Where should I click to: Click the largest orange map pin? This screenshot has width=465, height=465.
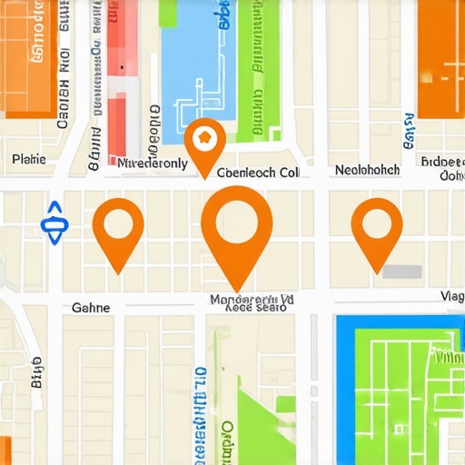pos(236,223)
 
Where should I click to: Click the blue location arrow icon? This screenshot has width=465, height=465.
pos(54,222)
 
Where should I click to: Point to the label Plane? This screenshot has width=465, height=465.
pos(28,160)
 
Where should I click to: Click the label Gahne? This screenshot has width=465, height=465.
pos(91,308)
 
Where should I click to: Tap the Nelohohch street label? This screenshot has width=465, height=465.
pos(367,169)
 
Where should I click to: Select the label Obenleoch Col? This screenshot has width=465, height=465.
pos(258,172)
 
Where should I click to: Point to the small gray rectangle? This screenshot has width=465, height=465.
pos(401,271)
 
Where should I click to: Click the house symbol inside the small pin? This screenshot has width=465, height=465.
pos(204,139)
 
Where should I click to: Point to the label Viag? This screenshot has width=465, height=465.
pos(451,295)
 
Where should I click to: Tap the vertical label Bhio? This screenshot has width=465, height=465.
pos(36,372)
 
